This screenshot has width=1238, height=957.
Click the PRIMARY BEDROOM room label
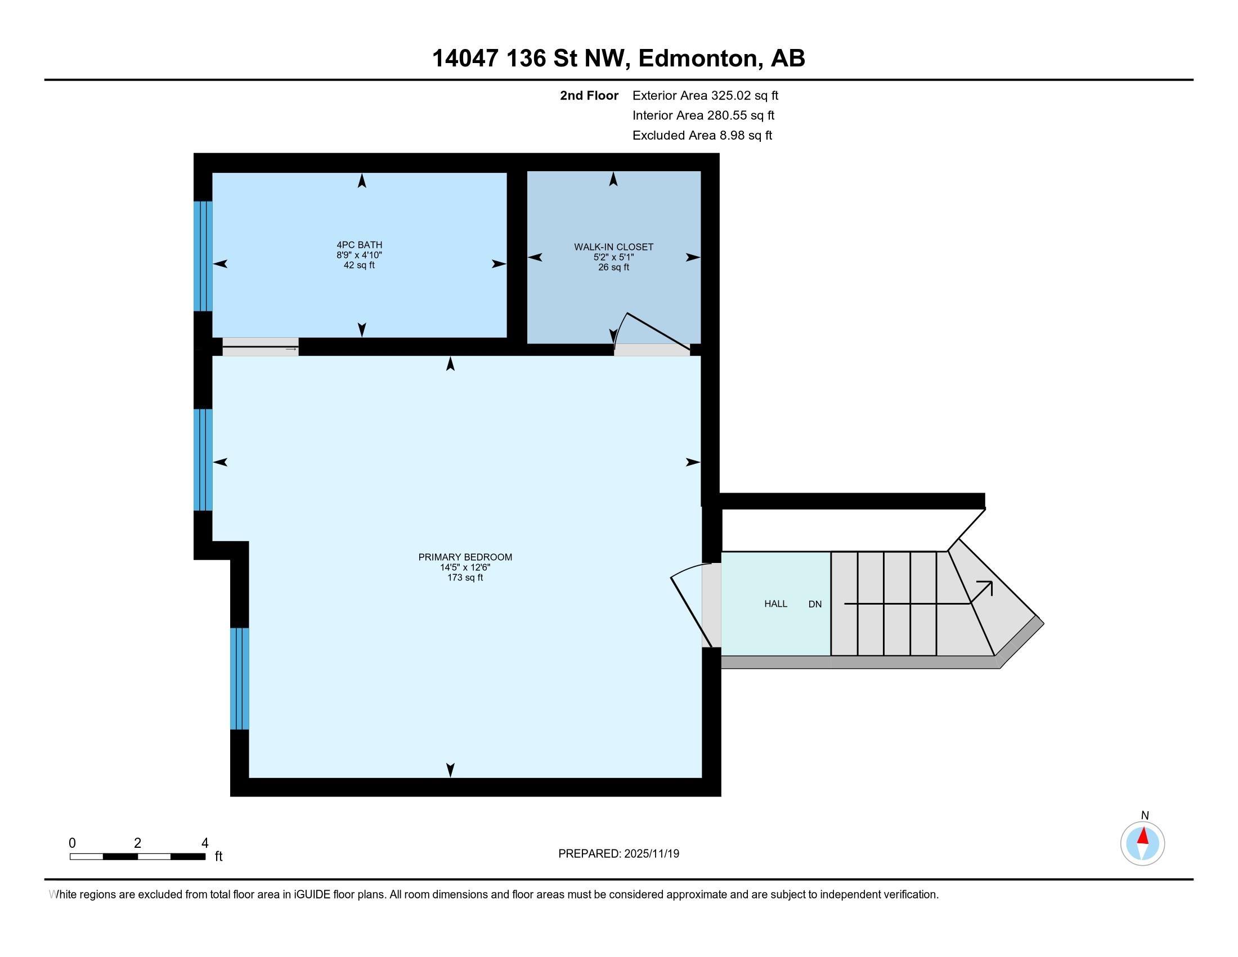(x=465, y=557)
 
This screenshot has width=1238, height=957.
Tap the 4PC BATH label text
(x=360, y=245)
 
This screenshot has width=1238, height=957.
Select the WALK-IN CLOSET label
(x=613, y=247)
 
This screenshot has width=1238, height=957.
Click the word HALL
(x=775, y=604)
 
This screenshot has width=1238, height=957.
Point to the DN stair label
(x=815, y=605)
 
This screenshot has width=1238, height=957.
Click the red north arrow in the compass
(x=1143, y=836)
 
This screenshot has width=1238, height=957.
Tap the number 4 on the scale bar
(x=205, y=843)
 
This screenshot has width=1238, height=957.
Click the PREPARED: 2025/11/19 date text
(x=618, y=853)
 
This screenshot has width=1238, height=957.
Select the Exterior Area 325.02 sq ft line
(x=705, y=95)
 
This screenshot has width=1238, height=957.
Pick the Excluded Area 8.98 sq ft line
(x=702, y=135)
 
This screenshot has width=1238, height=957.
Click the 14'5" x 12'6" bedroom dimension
(x=465, y=567)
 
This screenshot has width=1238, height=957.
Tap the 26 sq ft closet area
(x=613, y=267)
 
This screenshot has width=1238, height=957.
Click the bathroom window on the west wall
(x=203, y=256)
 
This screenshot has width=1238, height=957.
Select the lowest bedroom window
(x=240, y=678)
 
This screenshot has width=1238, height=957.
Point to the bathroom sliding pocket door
(x=260, y=346)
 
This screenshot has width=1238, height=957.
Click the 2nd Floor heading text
(x=589, y=95)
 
